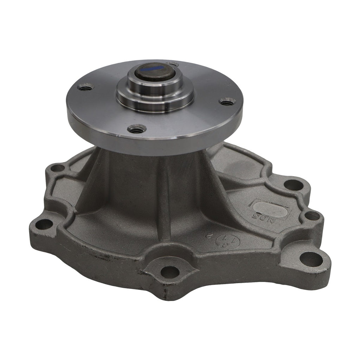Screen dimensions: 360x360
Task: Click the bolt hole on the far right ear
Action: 311,259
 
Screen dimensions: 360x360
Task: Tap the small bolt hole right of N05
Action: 311,216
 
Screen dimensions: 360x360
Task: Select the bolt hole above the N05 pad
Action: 292,184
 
